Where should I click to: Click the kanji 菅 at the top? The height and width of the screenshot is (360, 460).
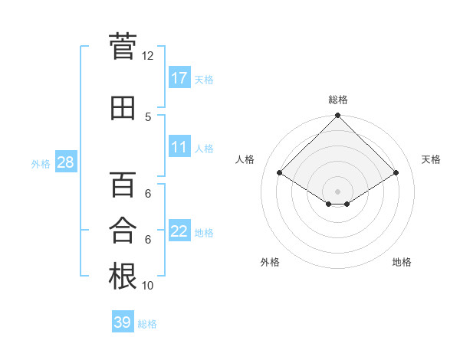pos(123,47)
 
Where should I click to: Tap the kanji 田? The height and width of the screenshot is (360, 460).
pos(123,108)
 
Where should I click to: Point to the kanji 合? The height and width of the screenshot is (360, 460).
pos(123,231)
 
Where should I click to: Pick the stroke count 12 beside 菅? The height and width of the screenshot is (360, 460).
pos(147,56)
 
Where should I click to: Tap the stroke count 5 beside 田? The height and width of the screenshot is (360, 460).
pos(147,116)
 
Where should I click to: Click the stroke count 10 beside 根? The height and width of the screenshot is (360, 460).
pos(147,286)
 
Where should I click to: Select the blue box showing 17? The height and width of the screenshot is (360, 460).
pos(179,77)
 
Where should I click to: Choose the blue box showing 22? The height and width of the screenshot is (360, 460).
pos(179,231)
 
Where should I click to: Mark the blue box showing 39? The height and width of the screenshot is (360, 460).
pos(123,322)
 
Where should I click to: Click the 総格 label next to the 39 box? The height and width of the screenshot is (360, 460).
pos(147,324)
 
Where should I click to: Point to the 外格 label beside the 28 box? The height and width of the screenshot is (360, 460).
pos(41,163)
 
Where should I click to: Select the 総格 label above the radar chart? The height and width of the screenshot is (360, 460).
pos(337,100)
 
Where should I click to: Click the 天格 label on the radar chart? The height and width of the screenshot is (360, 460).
pos(432,159)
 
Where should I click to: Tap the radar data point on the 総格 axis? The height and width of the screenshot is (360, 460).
pos(337,116)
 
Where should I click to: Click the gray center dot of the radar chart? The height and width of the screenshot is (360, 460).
pos(337,190)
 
